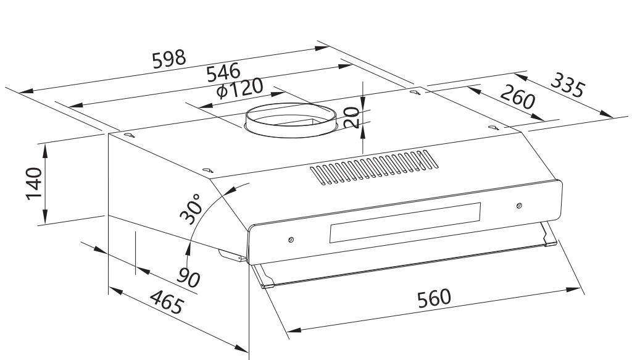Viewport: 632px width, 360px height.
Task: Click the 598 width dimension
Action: pos(168,59)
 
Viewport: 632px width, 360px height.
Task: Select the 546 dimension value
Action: pos(223,73)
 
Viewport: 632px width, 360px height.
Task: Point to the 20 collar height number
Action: pos(351,117)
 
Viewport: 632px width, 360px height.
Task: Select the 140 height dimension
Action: pos(33,183)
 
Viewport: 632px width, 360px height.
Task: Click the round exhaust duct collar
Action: pos(290,121)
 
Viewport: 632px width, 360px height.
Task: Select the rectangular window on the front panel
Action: pos(405,223)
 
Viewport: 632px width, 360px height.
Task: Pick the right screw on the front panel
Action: pos(518,205)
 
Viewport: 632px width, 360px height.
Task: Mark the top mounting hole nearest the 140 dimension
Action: pos(127,135)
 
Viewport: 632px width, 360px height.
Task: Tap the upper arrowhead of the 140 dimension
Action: pos(45,147)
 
